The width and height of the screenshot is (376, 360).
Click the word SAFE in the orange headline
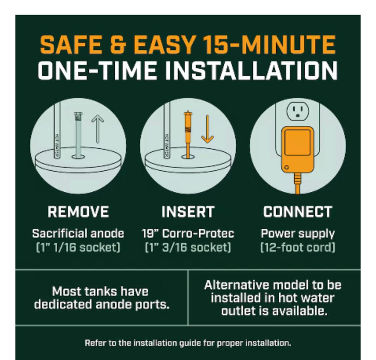tap(71, 44)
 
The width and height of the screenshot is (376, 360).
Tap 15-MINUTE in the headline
tap(269, 44)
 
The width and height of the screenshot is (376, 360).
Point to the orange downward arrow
tap(207, 129)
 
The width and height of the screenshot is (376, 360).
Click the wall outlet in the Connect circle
tap(298, 111)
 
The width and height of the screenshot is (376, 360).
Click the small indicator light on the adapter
tap(287, 167)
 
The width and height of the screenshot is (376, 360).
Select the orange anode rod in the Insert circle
tap(188, 134)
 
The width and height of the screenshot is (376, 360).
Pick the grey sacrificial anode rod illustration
tap(78, 135)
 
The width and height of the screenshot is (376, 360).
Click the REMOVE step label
tap(78, 212)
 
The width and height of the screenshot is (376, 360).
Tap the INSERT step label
tap(188, 212)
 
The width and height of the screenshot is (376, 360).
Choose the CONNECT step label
tap(298, 212)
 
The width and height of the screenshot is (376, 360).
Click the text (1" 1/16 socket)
tap(78, 247)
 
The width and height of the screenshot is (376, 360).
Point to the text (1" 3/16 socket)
tap(188, 247)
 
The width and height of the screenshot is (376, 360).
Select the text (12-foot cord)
tap(298, 247)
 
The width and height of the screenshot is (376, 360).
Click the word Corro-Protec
tap(198, 233)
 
